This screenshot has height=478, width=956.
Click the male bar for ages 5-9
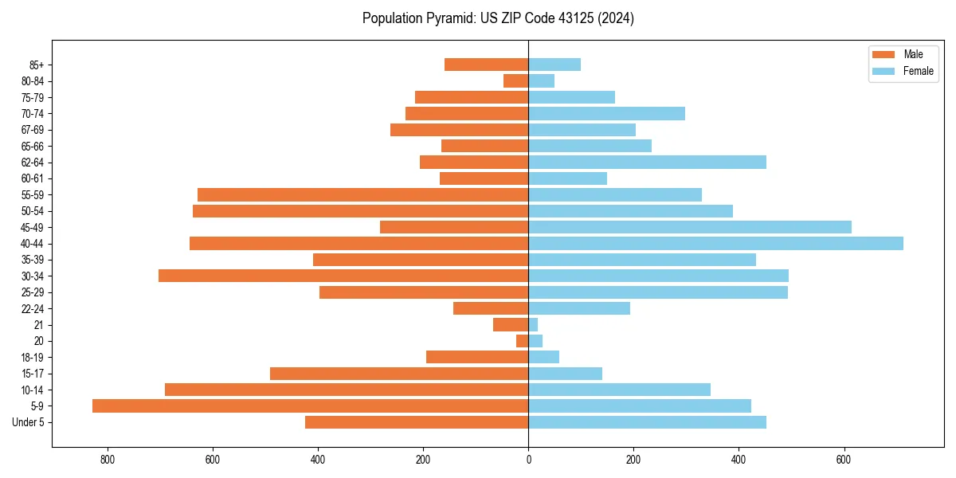(311, 406)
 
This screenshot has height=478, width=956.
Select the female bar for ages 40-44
(715, 243)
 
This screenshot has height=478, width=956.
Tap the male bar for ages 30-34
(343, 276)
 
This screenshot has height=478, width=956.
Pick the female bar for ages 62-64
(647, 162)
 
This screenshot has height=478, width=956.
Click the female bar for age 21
(533, 324)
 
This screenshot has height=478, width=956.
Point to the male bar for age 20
(523, 341)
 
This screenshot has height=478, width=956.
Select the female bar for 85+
(554, 65)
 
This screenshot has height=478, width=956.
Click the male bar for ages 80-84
(516, 80)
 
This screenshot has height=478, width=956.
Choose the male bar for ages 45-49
(454, 227)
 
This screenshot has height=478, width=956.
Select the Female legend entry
(903, 71)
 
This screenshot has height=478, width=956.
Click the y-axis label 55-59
(33, 194)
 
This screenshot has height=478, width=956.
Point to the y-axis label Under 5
(28, 422)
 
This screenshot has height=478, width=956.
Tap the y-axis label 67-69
(33, 130)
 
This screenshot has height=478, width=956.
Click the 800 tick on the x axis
(108, 459)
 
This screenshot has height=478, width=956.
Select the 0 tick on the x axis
(528, 459)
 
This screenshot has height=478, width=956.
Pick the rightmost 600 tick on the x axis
(844, 459)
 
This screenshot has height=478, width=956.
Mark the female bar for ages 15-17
(565, 373)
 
